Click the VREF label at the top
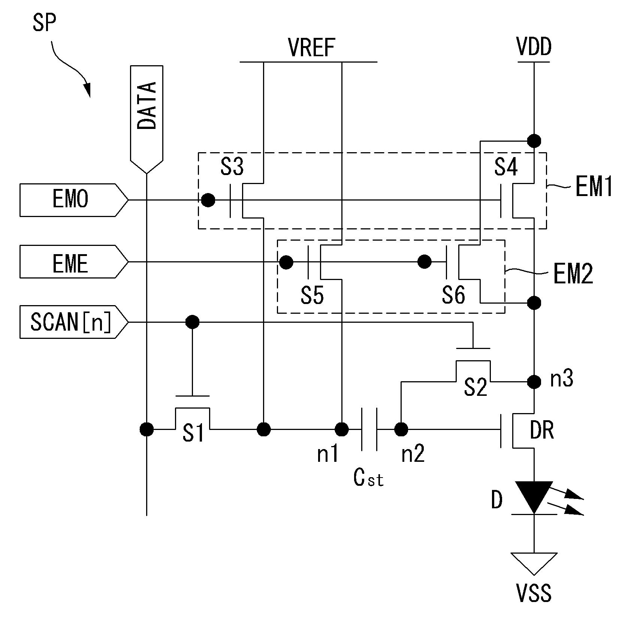311,48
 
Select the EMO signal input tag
74,200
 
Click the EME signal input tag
74,262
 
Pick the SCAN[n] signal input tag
74,322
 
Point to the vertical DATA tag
147,119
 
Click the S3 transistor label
232,167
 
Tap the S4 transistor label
506,167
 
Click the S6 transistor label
453,295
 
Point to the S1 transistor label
193,433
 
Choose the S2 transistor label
475,387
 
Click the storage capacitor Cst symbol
369,429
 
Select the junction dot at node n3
534,382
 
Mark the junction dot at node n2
401,429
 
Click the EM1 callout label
594,187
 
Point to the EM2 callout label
573,274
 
